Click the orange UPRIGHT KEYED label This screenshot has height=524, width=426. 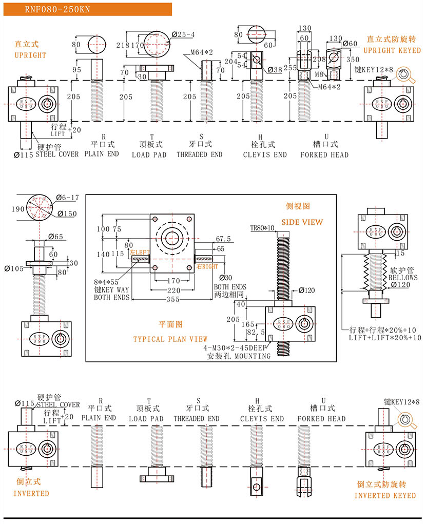[x=392, y=50]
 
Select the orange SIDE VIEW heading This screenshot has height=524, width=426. [x=305, y=222]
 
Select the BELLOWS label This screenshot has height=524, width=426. [x=403, y=278]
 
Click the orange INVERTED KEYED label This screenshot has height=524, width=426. [x=385, y=495]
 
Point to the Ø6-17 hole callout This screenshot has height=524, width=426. [x=67, y=198]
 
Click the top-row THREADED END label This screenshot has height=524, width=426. [x=200, y=154]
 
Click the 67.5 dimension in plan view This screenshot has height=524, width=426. [x=223, y=239]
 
